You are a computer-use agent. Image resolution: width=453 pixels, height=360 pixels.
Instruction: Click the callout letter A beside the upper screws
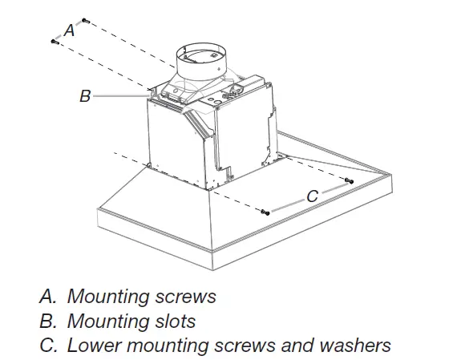[x=70, y=30]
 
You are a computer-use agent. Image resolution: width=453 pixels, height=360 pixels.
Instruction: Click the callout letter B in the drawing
[x=85, y=96]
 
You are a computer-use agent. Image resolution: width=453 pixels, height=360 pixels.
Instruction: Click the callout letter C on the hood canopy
[x=313, y=196]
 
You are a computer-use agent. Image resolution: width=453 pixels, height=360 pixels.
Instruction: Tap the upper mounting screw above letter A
[x=86, y=21]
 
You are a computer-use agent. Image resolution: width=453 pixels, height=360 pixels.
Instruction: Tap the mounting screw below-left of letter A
[x=55, y=42]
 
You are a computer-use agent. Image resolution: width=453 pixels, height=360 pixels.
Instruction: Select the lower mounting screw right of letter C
[x=350, y=181]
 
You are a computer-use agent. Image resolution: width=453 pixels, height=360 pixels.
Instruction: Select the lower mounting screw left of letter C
[x=265, y=212]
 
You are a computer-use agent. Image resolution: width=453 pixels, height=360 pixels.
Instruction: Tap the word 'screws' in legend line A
[x=186, y=297]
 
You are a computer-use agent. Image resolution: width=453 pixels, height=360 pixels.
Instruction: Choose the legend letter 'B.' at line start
[x=48, y=321]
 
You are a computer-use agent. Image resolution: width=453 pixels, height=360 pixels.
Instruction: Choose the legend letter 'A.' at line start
[x=47, y=297]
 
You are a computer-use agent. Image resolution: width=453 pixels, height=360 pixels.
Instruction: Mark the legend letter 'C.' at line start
[x=48, y=346]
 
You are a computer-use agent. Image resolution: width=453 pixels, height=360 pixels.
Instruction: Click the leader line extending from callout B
[x=121, y=95]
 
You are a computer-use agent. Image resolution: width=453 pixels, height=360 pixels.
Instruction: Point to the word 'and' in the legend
[x=297, y=346]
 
